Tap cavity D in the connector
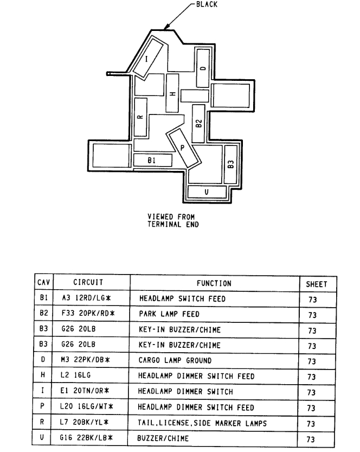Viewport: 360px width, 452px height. pyautogui.click(x=203, y=68)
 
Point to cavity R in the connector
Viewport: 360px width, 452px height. pyautogui.click(x=140, y=117)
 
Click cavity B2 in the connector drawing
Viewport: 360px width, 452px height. pyautogui.click(x=199, y=123)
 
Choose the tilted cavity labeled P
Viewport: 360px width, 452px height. pyautogui.click(x=183, y=147)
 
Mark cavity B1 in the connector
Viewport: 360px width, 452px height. pyautogui.click(x=152, y=160)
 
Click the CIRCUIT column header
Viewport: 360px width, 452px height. pyautogui.click(x=88, y=283)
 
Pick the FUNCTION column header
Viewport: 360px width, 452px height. pyautogui.click(x=214, y=283)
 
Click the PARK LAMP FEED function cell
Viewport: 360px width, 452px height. pyautogui.click(x=169, y=314)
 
